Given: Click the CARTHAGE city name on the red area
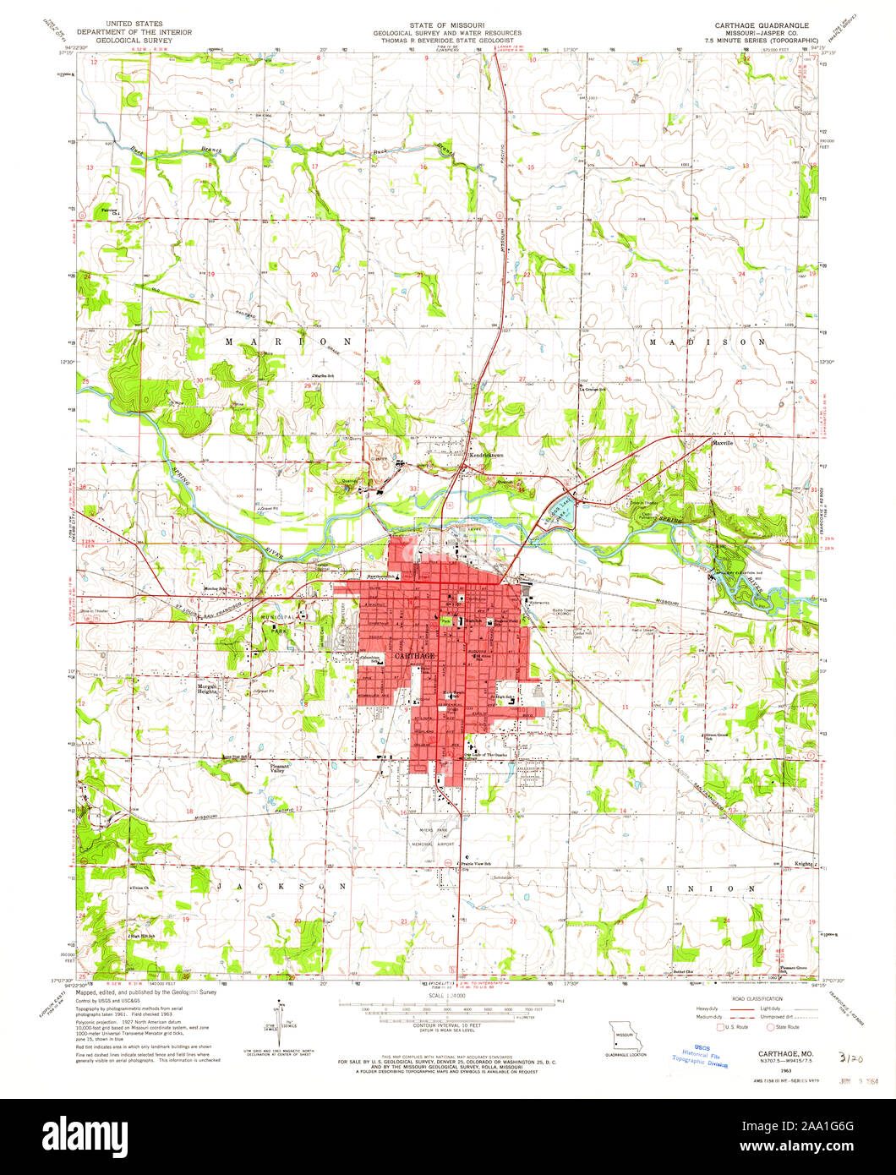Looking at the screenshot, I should coord(413,656).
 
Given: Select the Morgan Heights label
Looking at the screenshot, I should coord(208,688).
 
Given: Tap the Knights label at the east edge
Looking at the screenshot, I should coord(804,864).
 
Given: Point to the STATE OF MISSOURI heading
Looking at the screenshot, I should coord(447,25).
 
